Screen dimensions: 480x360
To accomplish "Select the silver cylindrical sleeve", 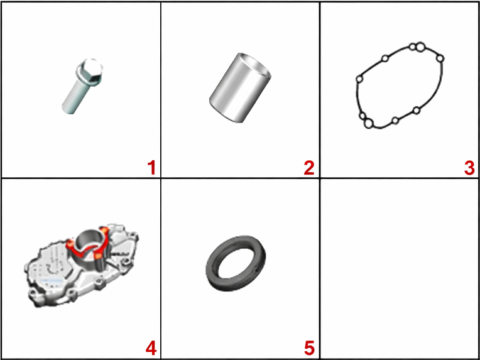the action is pyautogui.click(x=240, y=88).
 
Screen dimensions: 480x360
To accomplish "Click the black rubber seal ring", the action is pyautogui.click(x=236, y=264).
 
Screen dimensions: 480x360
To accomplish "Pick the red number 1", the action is pyautogui.click(x=151, y=168).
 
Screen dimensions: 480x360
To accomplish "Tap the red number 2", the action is pyautogui.click(x=309, y=168).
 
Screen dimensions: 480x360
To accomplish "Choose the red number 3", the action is pyautogui.click(x=469, y=168).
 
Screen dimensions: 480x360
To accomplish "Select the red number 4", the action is pyautogui.click(x=151, y=349).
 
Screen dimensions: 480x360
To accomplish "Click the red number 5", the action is pyautogui.click(x=309, y=349).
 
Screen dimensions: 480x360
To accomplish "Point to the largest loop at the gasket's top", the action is pyautogui.click(x=420, y=47).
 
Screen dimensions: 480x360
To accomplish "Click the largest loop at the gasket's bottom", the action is pyautogui.click(x=369, y=123).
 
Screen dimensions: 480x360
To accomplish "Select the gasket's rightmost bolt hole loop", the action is pyautogui.click(x=440, y=58).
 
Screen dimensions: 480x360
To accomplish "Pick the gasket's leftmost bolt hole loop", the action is pyautogui.click(x=359, y=79).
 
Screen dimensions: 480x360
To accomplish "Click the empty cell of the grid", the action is pyautogui.click(x=400, y=269).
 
